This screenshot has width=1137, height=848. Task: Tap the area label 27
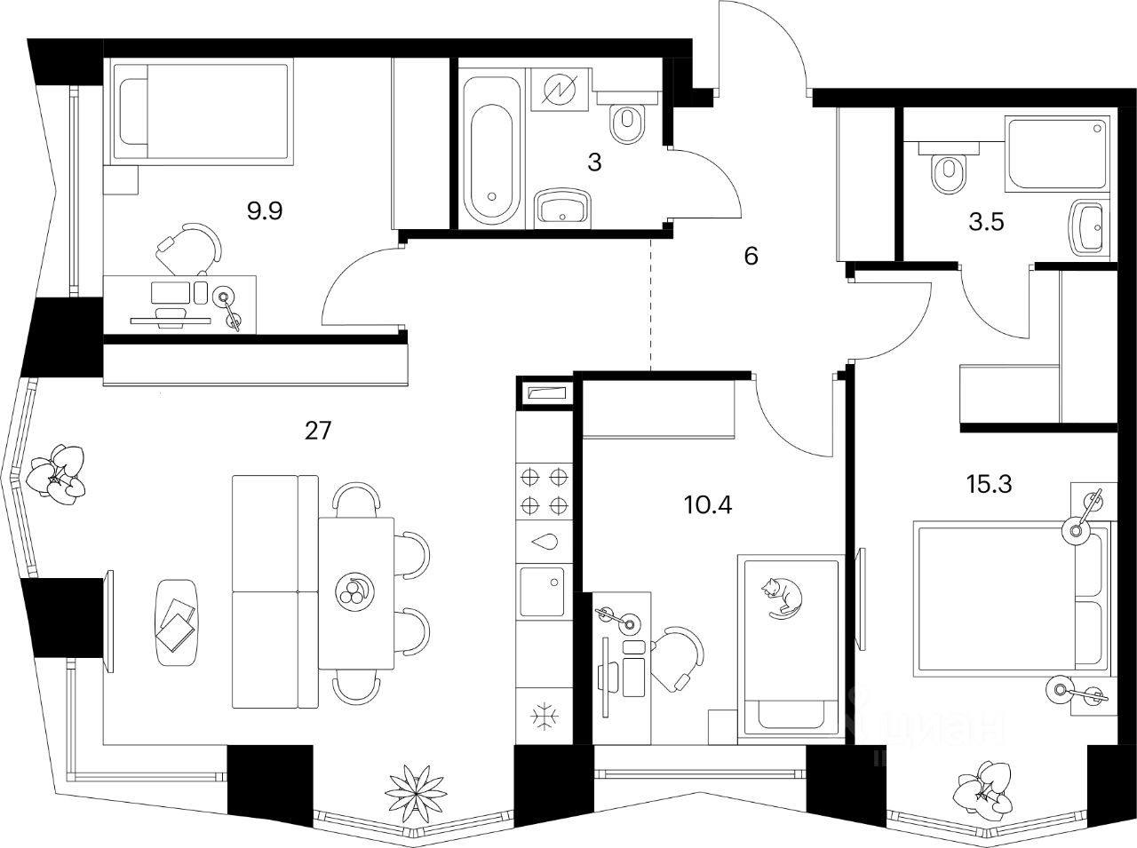(x=317, y=432)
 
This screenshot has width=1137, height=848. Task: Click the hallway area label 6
(x=751, y=257)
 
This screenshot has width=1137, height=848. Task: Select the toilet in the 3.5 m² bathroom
(x=949, y=170)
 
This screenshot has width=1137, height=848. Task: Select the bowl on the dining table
(x=355, y=590)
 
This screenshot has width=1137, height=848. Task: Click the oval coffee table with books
(x=177, y=622)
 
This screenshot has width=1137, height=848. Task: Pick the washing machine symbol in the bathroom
(x=558, y=89)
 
